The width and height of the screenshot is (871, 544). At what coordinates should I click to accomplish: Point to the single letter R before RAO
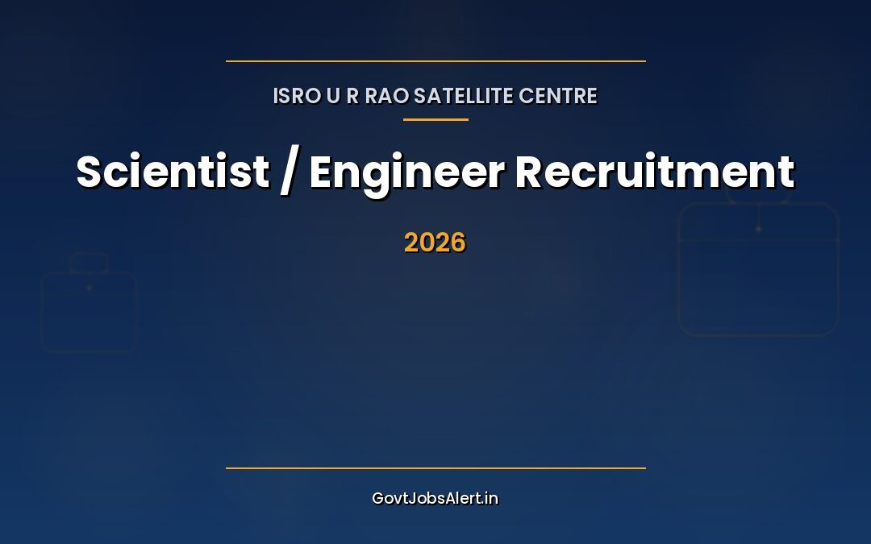pos(352,96)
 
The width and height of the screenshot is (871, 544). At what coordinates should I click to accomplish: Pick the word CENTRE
pos(558,96)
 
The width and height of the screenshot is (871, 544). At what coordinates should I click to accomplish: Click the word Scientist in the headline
pos(173,171)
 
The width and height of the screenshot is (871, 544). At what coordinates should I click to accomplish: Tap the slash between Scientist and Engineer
pos(289,172)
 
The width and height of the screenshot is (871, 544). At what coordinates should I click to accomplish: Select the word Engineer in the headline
pos(406,172)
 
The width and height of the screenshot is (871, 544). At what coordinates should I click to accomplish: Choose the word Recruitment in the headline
pos(654,171)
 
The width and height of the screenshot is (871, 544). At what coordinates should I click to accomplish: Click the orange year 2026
pos(435,243)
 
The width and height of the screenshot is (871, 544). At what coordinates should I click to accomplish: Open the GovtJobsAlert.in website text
pos(435,498)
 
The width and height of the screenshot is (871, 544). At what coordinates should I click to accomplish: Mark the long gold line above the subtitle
pos(435,60)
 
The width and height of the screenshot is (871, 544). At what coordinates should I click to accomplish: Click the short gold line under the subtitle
pos(435,119)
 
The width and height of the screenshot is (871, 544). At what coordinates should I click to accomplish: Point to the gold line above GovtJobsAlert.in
pos(435,467)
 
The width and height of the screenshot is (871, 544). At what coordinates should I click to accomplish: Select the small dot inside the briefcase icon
pos(89,288)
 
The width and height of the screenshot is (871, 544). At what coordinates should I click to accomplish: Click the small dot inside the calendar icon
pos(758,229)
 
